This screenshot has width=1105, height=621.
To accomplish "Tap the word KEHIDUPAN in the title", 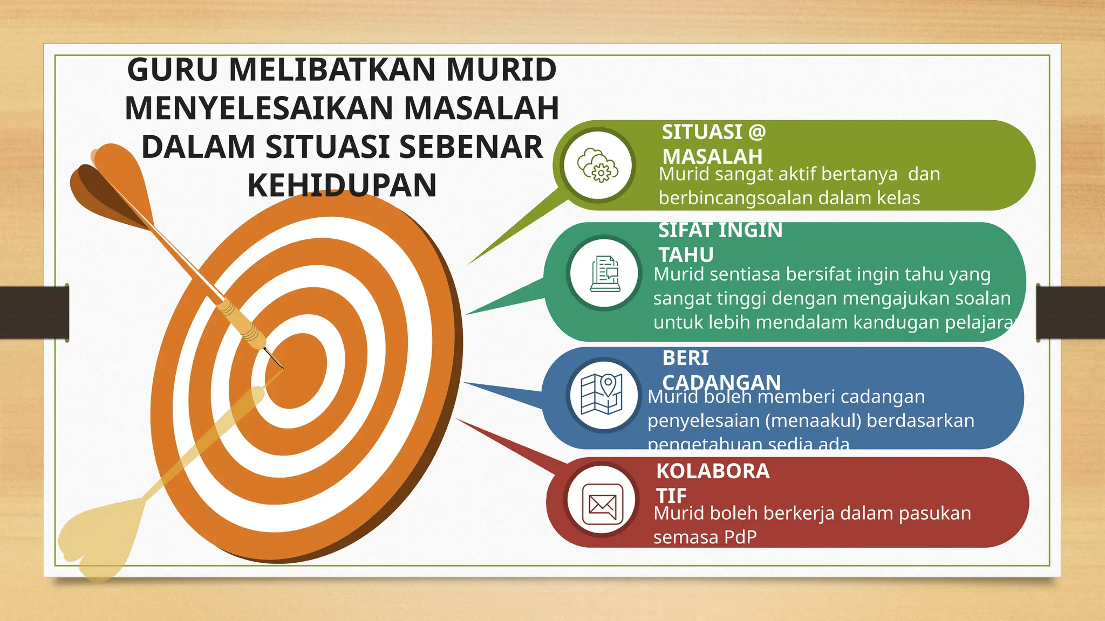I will click(342, 185).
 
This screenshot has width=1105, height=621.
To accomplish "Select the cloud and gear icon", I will click(598, 165).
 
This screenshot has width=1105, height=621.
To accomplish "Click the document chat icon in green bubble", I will click(605, 273).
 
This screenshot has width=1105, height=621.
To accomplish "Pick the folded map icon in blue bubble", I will click(602, 395).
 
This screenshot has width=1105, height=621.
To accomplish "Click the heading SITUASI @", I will click(714, 132).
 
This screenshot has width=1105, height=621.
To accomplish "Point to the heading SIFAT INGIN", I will click(720, 231).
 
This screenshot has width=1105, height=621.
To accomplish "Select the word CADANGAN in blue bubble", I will click(721, 382).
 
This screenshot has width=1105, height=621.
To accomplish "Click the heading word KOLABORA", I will click(713, 471).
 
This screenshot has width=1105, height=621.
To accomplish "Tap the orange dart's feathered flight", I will click(111, 183).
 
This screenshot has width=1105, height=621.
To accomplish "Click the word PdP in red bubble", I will click(740, 537).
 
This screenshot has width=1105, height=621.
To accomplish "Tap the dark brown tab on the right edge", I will click(1070, 313).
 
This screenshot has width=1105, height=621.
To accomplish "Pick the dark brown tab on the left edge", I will click(34, 313).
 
